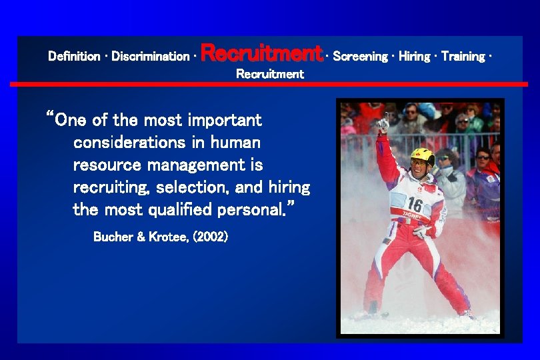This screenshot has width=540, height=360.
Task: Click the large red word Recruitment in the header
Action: (x=261, y=53)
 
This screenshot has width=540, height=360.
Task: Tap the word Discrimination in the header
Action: (x=150, y=57)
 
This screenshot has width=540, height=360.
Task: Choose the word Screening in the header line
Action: (x=360, y=57)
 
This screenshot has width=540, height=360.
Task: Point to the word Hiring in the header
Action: (x=414, y=57)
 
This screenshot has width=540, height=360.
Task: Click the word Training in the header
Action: (x=463, y=57)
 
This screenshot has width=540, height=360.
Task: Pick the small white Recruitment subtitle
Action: (x=270, y=74)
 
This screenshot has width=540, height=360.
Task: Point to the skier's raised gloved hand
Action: (x=383, y=123)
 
